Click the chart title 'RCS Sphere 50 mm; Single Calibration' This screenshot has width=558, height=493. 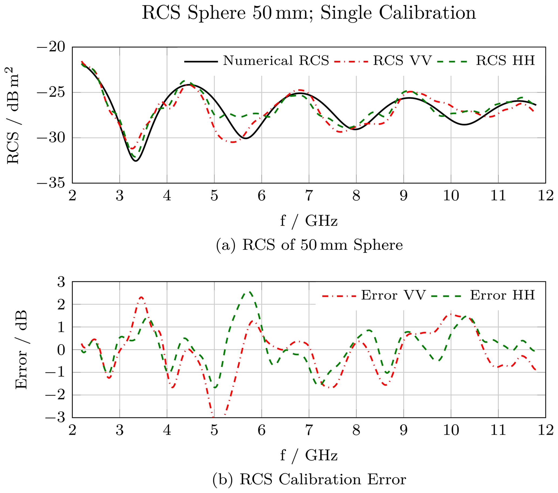[309, 13]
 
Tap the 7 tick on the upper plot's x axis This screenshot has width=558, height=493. [309, 196]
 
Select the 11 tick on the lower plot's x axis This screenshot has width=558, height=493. [498, 431]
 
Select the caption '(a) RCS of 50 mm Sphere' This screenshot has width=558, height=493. [309, 245]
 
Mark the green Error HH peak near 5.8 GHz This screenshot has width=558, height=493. [249, 292]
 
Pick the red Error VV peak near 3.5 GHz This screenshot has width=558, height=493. [141, 297]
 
